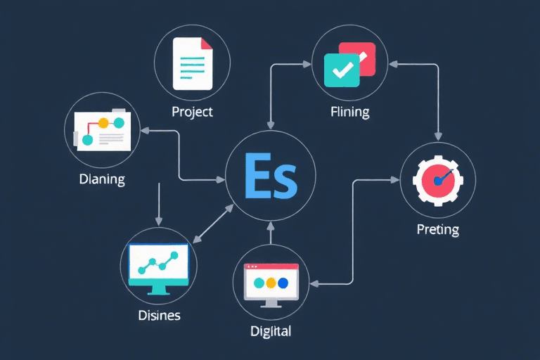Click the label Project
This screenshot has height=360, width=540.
[x=192, y=112]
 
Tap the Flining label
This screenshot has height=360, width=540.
[x=349, y=112]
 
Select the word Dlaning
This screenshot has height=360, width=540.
[x=101, y=179]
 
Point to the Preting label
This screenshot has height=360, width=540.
[x=437, y=229]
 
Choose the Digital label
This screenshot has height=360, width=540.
[x=271, y=330]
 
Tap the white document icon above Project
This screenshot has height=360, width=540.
[x=193, y=63]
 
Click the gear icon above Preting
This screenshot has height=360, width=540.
[x=437, y=181]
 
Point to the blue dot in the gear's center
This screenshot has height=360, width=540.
[x=437, y=181]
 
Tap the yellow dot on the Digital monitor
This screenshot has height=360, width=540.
[x=271, y=283]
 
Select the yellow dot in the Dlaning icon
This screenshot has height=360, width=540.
[x=103, y=122]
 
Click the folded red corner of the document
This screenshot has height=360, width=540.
[x=207, y=43]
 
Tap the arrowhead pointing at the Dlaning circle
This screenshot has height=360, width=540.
[x=144, y=130]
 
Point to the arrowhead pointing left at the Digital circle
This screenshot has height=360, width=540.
[x=314, y=284]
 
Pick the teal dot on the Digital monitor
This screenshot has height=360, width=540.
[x=258, y=283]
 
